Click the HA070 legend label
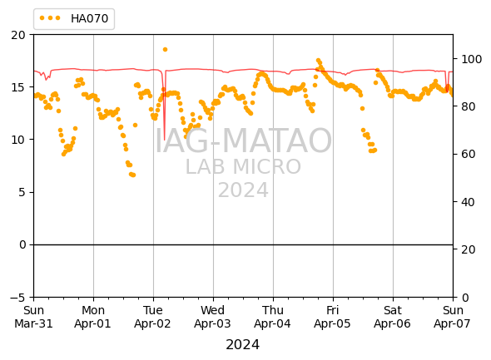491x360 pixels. [90, 18]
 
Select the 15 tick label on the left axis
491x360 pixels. [18, 87]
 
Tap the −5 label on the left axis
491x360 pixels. [17, 297]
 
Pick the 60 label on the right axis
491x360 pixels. [469, 154]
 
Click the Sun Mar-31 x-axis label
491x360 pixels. [33, 317]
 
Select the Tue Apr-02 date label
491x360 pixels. [153, 317]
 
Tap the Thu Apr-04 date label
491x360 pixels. [273, 317]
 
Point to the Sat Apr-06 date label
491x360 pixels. [392, 317]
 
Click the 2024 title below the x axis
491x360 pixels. [243, 345]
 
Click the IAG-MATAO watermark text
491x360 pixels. [243, 141]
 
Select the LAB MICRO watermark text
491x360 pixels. [243, 166]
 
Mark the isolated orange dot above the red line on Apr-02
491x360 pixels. [165, 49]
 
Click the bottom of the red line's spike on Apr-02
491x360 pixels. [164, 140]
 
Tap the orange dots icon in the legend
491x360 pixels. [50, 18]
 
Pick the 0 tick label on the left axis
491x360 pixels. [22, 244]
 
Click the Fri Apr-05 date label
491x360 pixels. [333, 317]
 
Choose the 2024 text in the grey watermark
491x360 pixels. [243, 190]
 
